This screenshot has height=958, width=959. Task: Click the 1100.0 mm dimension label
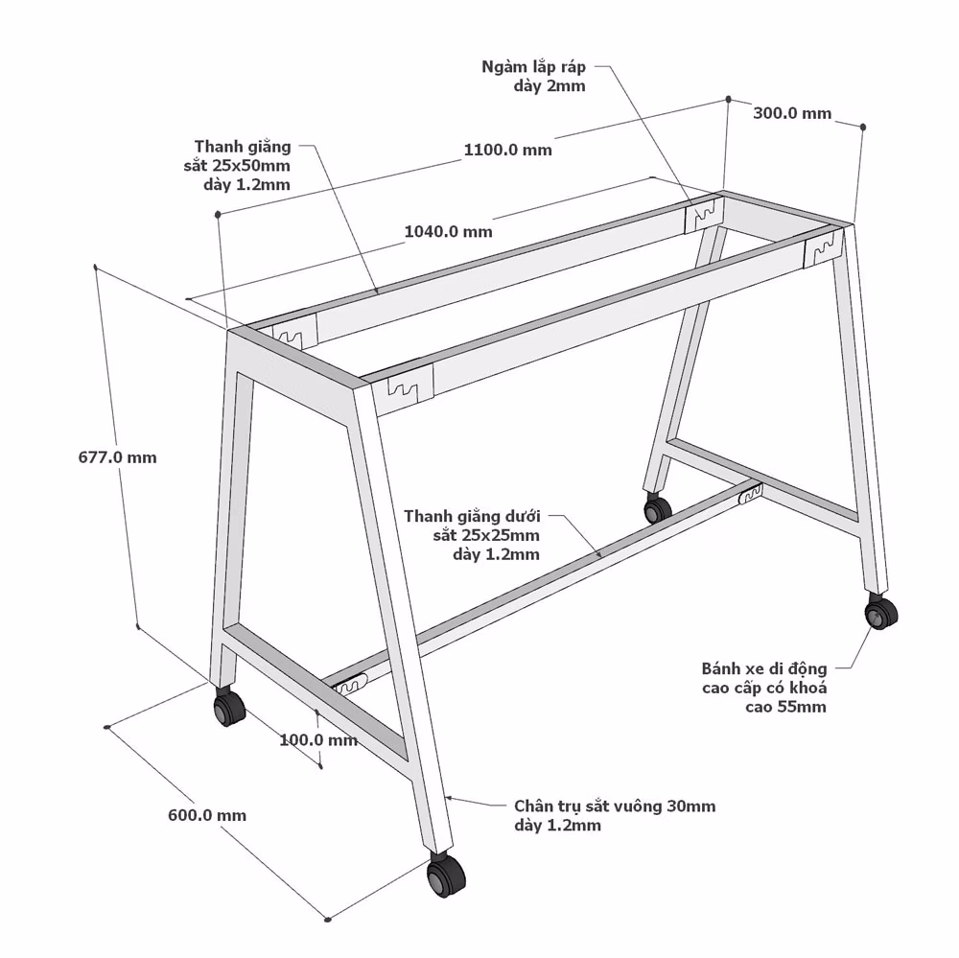(x=507, y=150)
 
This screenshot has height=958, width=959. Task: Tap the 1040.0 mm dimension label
(x=448, y=231)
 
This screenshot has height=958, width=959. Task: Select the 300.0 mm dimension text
(x=792, y=113)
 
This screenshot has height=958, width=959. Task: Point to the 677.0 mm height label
(x=117, y=457)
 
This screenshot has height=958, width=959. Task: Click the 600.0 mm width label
(x=207, y=815)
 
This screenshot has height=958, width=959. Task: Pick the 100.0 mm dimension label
(x=318, y=740)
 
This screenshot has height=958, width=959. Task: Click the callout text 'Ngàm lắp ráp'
(x=534, y=67)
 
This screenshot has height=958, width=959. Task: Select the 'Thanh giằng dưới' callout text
(x=472, y=516)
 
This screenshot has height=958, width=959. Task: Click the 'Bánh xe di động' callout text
(x=764, y=668)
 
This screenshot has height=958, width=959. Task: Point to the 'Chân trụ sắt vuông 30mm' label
(x=615, y=806)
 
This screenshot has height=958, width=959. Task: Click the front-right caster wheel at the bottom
(x=445, y=876)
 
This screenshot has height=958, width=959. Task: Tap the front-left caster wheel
(x=229, y=707)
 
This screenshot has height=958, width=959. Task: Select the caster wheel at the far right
(x=880, y=611)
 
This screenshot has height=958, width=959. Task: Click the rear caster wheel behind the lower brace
(x=658, y=507)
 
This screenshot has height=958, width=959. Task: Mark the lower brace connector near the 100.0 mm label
(x=350, y=684)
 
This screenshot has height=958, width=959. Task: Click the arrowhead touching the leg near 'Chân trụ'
(x=448, y=798)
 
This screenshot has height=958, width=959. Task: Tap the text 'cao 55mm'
(x=785, y=707)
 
